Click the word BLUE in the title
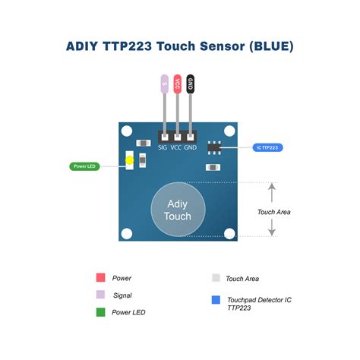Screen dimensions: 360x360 click(x=267, y=47)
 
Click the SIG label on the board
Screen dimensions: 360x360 click(x=163, y=147)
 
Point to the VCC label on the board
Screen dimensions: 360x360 click(x=176, y=147)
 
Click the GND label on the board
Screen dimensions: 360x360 click(x=191, y=147)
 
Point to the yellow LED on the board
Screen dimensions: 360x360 click(x=130, y=160)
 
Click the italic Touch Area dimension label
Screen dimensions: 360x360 click(x=273, y=212)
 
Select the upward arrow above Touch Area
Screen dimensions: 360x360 click(x=273, y=190)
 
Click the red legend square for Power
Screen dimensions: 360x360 click(x=100, y=278)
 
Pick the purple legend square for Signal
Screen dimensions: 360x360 click(x=100, y=295)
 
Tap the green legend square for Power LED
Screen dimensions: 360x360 click(x=100, y=311)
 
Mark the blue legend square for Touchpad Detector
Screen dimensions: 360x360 click(x=215, y=300)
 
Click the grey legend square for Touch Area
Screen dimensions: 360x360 click(x=215, y=279)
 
